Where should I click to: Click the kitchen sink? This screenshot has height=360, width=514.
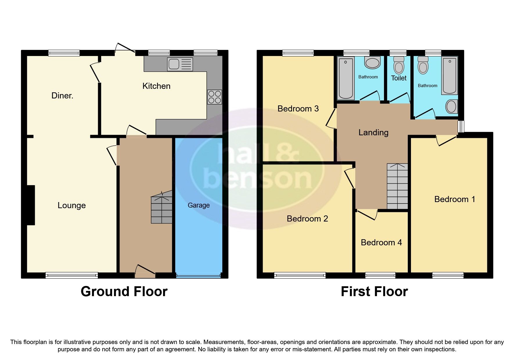(180, 64)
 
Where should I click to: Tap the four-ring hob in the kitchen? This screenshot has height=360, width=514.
(214, 97)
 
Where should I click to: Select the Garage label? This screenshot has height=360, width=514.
(199, 205)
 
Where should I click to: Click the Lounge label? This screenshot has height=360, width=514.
(72, 205)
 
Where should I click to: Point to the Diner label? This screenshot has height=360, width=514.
(62, 96)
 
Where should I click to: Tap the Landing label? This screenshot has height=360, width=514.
(373, 132)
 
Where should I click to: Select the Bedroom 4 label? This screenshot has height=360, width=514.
(381, 242)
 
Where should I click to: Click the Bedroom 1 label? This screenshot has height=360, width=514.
(455, 199)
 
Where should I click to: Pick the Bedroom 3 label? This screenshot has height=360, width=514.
(298, 109)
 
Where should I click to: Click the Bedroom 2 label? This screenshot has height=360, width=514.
(307, 219)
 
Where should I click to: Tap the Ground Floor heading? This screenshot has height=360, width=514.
(124, 291)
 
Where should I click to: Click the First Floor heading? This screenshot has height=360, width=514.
(374, 291)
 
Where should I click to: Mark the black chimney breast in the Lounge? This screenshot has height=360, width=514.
(31, 205)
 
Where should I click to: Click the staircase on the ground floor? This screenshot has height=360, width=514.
(162, 208)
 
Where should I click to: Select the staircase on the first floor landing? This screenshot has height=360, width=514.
(397, 186)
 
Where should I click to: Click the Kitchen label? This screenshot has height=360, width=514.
(156, 86)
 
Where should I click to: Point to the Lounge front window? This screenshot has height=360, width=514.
(72, 275)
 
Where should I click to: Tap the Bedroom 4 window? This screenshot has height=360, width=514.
(380, 275)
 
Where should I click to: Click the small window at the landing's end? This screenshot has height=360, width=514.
(461, 127)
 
